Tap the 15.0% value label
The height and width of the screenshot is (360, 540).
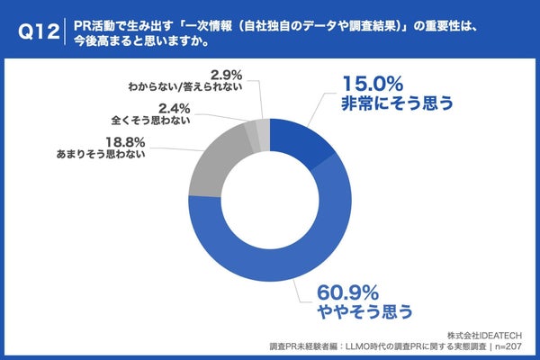pos(371,82)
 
